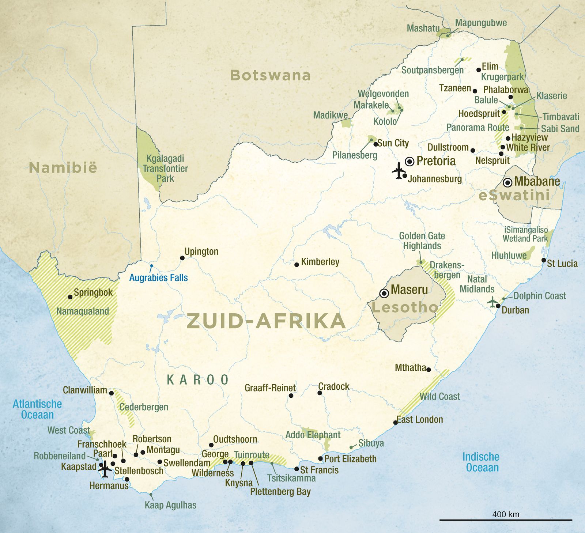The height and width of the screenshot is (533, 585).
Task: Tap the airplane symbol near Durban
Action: coord(493,302)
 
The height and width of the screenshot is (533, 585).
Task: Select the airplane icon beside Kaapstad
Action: coord(105,469)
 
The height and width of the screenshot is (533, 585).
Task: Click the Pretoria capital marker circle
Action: coord(410,161)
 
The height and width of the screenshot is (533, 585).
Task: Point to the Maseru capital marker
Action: coord(384,293)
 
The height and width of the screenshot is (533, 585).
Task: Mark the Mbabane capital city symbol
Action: coord(507,182)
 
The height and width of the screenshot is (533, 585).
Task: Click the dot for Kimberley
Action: coord(297,264)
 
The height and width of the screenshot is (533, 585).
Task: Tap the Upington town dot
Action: coord(182,258)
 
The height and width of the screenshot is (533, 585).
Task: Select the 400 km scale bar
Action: coord(506,519)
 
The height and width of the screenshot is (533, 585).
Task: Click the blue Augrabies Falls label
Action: coord(158,278)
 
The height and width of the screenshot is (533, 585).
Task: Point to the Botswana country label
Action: coord(270,75)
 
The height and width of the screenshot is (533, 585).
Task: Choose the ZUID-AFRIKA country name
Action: coord(266,321)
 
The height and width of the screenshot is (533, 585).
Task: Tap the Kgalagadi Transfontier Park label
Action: coord(165,169)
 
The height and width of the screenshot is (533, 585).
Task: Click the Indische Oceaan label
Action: coord(481,462)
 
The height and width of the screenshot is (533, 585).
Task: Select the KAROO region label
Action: coord(197,380)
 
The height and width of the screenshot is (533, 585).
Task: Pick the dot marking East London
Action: coord(395,423)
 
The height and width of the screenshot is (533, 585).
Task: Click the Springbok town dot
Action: coord(70,297)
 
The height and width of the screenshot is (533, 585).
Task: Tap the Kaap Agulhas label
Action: coord(170,505)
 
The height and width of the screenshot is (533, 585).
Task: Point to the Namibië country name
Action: coord(63,168)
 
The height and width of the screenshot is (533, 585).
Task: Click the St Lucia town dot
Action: coord(544,260)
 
